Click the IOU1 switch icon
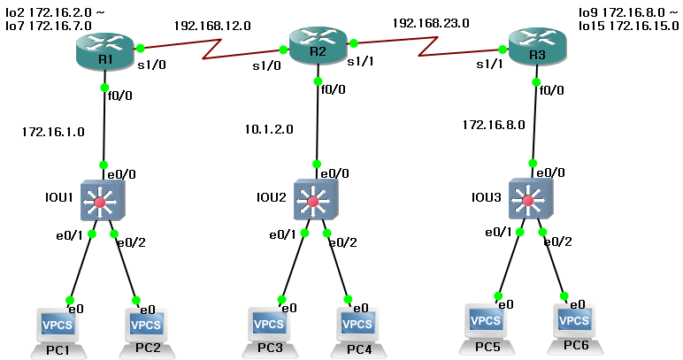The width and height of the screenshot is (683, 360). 100,202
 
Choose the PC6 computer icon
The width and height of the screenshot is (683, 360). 573,324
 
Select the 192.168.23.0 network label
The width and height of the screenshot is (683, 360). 431,22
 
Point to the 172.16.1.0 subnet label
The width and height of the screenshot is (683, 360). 52,132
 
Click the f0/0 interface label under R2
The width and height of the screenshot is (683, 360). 333,88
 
